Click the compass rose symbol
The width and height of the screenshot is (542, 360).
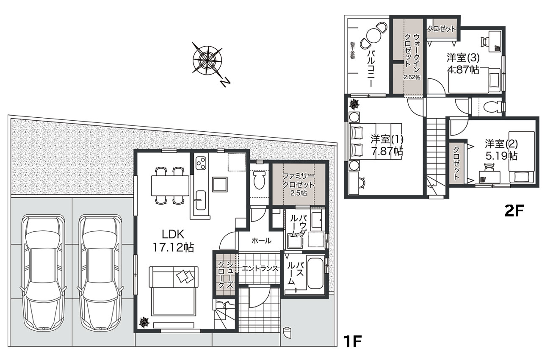[207, 60]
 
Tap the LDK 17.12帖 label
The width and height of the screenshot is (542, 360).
[173, 241]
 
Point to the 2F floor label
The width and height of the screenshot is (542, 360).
[514, 211]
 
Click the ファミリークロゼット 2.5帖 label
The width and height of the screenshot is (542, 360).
[299, 184]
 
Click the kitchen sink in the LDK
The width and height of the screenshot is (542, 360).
[201, 200]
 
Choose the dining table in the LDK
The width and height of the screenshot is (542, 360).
[170, 186]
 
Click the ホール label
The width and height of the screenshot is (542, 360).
[261, 241]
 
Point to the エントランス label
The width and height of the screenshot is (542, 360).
[260, 269]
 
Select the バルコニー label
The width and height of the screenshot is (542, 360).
[371, 68]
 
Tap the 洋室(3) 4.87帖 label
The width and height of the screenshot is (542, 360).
[463, 64]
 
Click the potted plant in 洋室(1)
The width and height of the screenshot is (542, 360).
[354, 104]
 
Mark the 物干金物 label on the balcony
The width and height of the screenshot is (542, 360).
[352, 51]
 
